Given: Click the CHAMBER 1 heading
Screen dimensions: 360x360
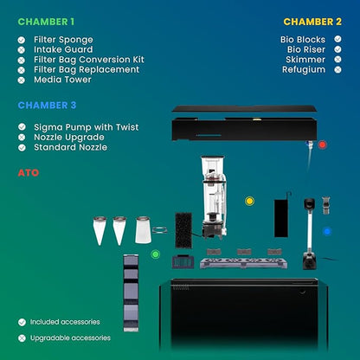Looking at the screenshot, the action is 46,22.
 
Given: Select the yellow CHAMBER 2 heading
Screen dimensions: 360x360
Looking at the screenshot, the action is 312,22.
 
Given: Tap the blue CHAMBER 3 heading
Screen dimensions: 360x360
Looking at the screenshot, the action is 47,106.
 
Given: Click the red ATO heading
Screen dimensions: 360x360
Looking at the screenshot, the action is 29,173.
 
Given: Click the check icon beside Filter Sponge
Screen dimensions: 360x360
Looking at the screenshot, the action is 22,40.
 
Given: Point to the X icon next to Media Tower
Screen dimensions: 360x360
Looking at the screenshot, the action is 22,80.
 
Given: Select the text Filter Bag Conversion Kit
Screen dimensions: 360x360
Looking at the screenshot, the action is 89,60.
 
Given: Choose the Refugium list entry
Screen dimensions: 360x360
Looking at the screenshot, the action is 304,69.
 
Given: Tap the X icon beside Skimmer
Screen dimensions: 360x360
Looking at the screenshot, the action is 337,60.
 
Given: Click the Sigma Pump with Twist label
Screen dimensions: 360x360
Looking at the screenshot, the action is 87,127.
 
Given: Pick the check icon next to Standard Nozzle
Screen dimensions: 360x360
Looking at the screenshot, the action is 22,147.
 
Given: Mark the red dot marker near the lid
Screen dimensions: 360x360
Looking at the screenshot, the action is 322,145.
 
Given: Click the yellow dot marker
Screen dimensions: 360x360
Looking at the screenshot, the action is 249,201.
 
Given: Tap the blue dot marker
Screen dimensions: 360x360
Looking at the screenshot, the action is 327,231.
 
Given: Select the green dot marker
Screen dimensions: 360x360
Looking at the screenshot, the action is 156,254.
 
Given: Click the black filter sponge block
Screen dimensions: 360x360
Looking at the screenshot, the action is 183,230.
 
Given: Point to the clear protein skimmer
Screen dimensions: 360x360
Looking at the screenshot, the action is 214,197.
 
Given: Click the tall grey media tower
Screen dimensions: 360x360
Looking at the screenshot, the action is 131,292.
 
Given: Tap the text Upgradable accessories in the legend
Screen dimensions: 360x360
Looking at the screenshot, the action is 70,337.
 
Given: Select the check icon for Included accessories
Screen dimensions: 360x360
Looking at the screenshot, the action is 22,322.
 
